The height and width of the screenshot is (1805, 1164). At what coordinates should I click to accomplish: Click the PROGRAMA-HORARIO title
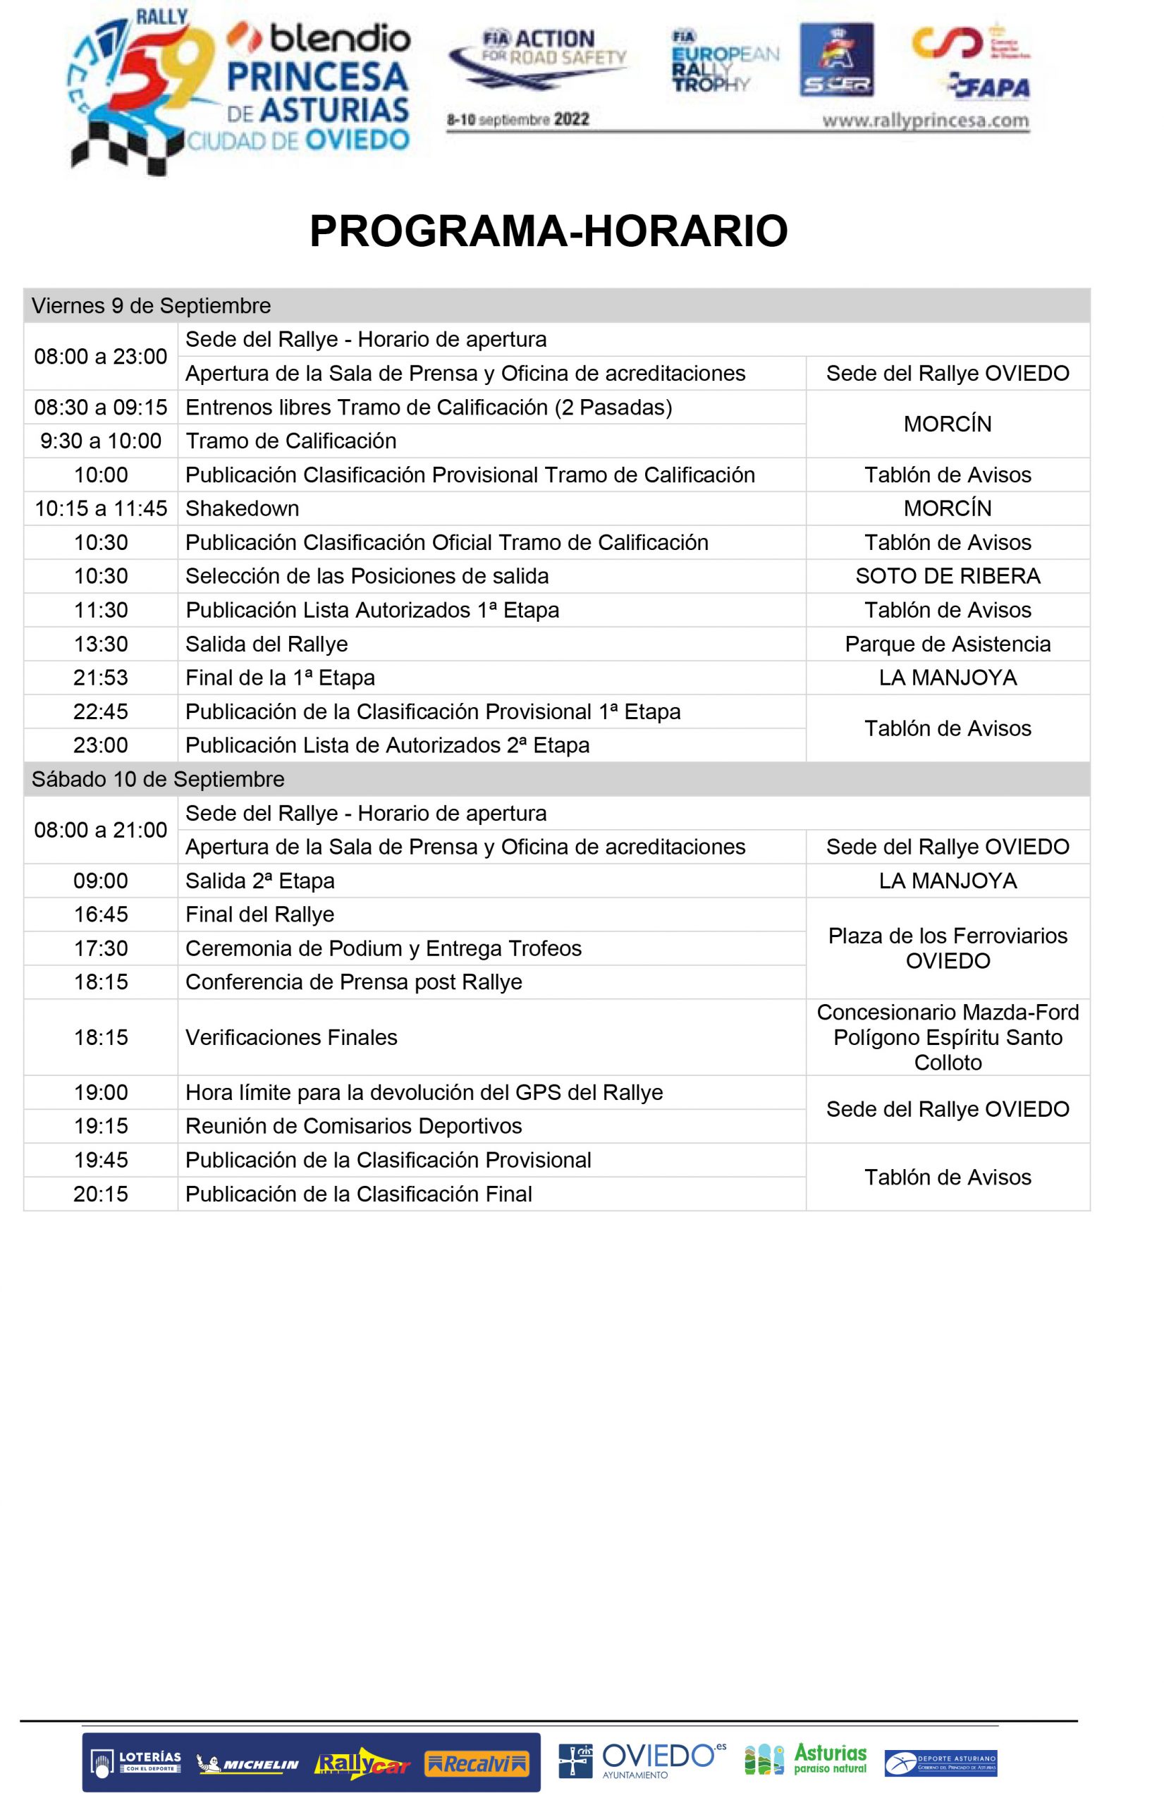click(548, 231)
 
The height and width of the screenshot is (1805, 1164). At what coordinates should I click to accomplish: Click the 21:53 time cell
click(101, 678)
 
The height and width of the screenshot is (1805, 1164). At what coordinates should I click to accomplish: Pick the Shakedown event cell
click(243, 508)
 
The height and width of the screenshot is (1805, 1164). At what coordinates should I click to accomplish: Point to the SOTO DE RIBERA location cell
click(947, 576)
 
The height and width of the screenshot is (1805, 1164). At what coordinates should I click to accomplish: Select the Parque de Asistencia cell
click(947, 644)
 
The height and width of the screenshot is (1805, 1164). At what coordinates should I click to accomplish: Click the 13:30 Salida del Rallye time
click(101, 644)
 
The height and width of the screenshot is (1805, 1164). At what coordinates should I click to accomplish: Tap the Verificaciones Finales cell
click(291, 1037)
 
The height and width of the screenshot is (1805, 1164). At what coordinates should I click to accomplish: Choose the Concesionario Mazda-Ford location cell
click(947, 1037)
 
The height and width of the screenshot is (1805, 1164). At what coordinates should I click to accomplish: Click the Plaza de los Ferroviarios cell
click(947, 948)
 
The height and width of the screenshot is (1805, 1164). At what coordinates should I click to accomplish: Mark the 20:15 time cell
click(101, 1194)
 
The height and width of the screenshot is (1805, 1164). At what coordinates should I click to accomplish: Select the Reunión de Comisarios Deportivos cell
click(354, 1126)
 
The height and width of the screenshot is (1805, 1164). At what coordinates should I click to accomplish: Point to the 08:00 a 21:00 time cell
click(101, 830)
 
